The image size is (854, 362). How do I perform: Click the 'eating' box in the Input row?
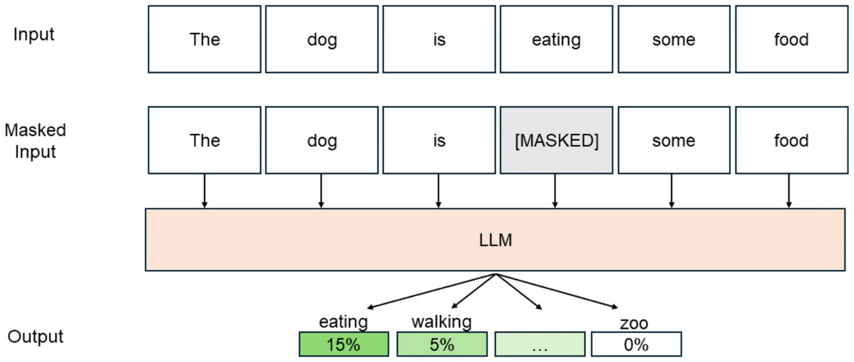[x=556, y=40]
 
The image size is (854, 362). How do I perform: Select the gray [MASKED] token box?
[x=556, y=140]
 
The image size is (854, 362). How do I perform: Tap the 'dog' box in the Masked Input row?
[x=322, y=140]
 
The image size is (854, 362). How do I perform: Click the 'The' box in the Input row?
[x=204, y=40]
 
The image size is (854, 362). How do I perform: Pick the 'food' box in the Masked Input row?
[x=791, y=140]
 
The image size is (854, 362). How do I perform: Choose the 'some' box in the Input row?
[x=673, y=40]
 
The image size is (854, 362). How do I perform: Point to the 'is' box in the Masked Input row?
[x=439, y=140]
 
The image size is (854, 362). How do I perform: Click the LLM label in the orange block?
[x=495, y=241]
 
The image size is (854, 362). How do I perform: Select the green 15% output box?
[x=343, y=345]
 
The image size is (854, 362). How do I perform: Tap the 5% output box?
[x=442, y=345]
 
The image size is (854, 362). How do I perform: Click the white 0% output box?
[x=636, y=345]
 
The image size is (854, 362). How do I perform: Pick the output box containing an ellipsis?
[x=540, y=345]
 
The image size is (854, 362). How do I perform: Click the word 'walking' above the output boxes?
[x=442, y=322]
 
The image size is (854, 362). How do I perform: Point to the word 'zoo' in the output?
[x=634, y=323]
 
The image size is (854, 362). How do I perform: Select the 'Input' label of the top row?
[x=34, y=35]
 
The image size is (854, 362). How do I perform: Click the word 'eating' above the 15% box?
[x=343, y=322]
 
